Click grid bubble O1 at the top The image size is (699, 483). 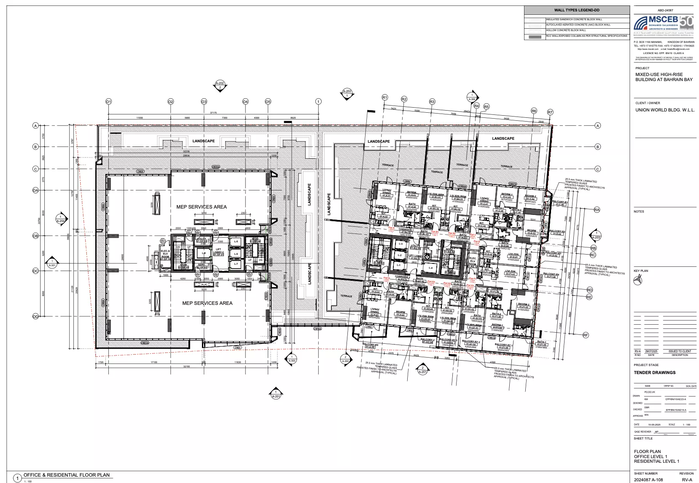click(108, 102)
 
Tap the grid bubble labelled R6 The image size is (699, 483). click(534, 111)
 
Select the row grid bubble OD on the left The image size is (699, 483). click(35, 316)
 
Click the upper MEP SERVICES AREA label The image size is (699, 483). click(202, 207)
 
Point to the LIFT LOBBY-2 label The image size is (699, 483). click(218, 252)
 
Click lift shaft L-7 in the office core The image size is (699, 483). click(236, 264)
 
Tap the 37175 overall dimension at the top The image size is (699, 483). click(213, 113)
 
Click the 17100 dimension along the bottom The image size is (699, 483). click(154, 362)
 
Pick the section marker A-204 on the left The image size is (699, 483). click(61, 219)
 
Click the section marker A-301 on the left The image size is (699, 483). click(51, 263)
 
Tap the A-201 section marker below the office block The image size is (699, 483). click(276, 394)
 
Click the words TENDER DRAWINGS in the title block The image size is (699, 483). click(654, 372)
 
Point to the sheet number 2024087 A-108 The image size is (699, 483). click(648, 480)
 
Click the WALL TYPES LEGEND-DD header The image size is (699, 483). click(576, 10)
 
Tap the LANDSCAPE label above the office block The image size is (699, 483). click(204, 141)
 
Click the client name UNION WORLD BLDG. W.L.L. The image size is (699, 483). click(665, 110)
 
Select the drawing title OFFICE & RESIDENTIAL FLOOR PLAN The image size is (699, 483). click(67, 475)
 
